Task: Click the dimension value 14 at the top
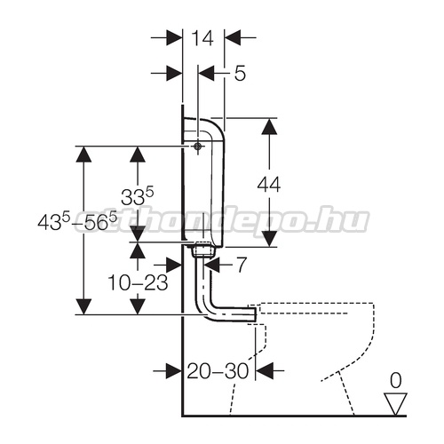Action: [202, 38]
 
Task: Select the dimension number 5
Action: [240, 73]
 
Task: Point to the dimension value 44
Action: [269, 185]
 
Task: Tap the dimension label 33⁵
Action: [138, 196]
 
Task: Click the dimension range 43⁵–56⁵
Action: [77, 220]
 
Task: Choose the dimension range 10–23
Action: [138, 282]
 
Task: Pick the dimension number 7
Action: [242, 265]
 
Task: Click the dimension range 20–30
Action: [218, 370]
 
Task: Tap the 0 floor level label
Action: [396, 380]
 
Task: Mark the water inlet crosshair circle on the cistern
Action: [197, 146]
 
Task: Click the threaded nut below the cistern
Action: [202, 250]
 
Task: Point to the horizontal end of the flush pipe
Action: [250, 314]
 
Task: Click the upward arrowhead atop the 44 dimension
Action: [269, 127]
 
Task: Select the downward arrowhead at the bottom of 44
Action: [269, 239]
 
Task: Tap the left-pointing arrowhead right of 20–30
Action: [264, 370]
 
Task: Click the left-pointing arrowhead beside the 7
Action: [212, 265]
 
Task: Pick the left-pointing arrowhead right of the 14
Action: [233, 37]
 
